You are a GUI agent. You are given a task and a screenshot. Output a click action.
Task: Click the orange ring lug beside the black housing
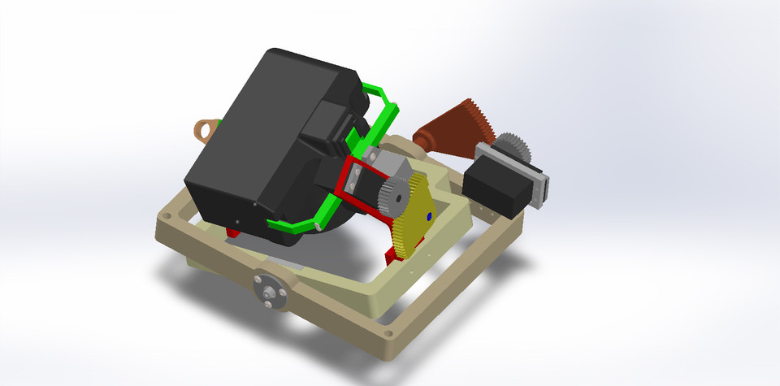[x=208, y=128]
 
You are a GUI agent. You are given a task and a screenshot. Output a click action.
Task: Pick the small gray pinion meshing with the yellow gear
[x=396, y=196]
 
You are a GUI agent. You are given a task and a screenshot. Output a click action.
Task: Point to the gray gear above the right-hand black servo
[x=513, y=147]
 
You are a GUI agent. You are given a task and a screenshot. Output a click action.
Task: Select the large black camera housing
[x=260, y=138]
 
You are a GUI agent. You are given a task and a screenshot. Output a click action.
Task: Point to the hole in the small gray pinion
[x=397, y=195]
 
